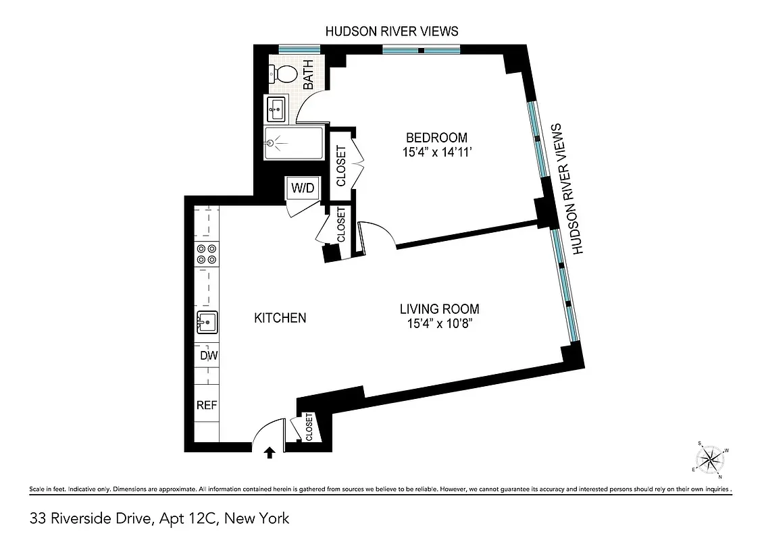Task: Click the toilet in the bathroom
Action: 283,74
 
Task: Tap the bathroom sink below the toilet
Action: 276,107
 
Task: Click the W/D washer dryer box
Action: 302,188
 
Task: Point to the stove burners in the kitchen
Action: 207,254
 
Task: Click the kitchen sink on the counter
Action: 207,323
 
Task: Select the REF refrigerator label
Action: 207,405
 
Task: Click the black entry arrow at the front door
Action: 270,452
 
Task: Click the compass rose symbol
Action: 710,460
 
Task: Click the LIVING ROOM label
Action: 439,309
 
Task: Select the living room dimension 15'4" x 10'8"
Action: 439,325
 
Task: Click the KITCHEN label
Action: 280,318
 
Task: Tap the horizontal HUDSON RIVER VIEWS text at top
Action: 392,31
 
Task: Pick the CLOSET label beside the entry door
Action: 309,427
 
